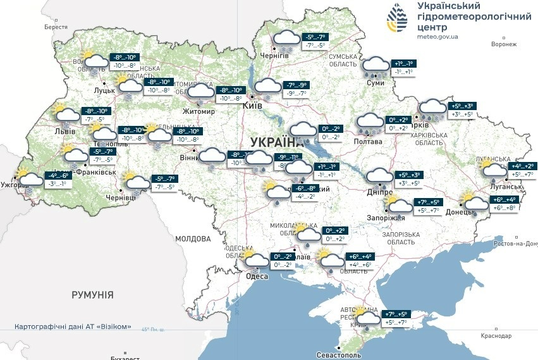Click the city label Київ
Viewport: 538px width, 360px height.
(252, 107)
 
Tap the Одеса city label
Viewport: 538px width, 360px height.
(257, 276)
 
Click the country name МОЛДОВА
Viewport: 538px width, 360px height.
(192, 239)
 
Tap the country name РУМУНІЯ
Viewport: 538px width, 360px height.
(92, 295)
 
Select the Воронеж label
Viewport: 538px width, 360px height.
(503, 44)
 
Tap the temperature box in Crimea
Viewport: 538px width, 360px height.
(396, 318)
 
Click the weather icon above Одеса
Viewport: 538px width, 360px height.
(256, 261)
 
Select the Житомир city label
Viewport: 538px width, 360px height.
(199, 112)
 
